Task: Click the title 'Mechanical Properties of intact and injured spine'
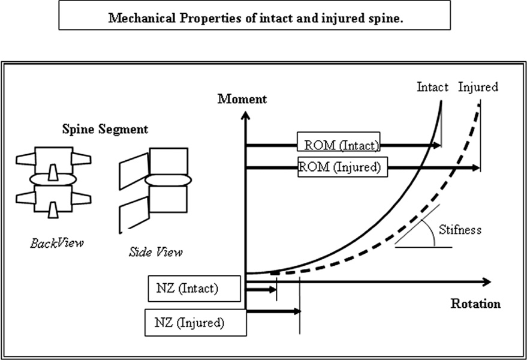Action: tap(255, 17)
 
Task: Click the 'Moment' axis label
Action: tap(242, 99)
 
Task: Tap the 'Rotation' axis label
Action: tap(475, 304)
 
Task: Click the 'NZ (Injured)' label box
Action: tap(195, 323)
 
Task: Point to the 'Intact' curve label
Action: tap(432, 87)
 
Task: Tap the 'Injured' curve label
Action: tap(478, 87)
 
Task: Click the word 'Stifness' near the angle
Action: tap(460, 229)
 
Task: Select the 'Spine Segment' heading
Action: tap(105, 129)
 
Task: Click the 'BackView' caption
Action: tap(57, 243)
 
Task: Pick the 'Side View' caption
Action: tap(155, 252)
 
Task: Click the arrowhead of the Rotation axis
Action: tap(486, 281)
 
